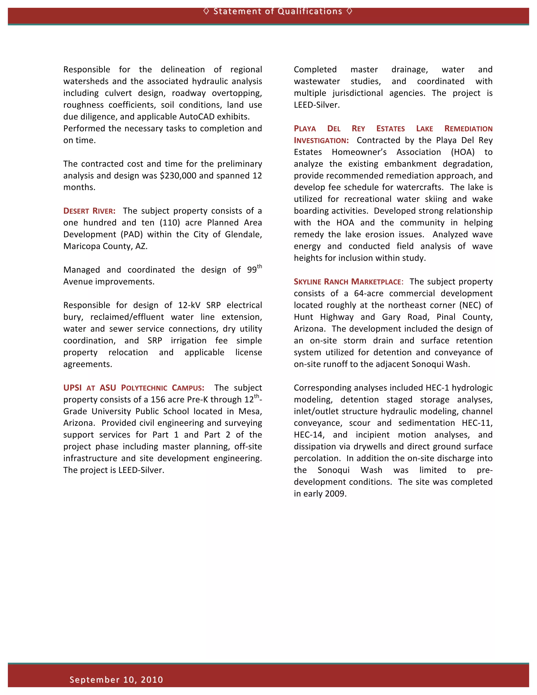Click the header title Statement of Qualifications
tap(277, 12)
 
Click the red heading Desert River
tap(89, 211)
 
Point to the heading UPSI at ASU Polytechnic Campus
tap(134, 388)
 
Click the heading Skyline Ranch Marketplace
tap(348, 282)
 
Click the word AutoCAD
tap(197, 117)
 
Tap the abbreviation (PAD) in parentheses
tap(131, 234)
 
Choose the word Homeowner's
tap(359, 152)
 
